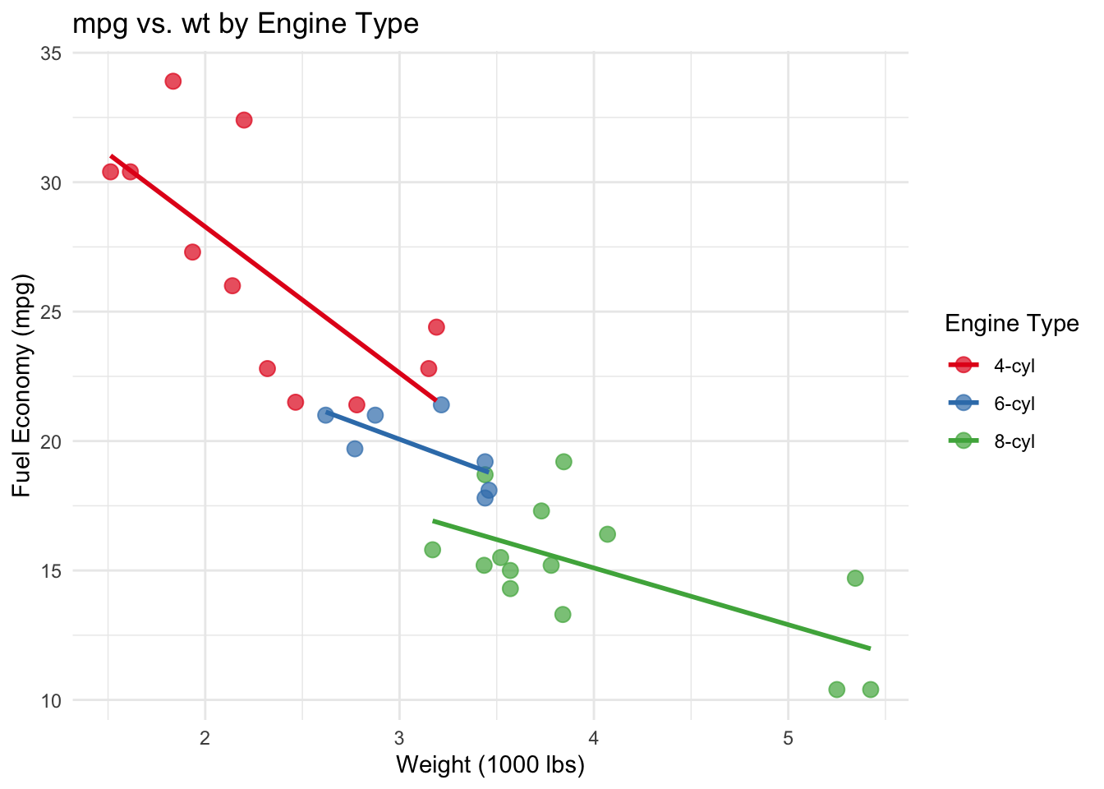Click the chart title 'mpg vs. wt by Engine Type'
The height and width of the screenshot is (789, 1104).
[246, 24]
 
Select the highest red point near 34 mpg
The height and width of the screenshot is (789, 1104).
[172, 81]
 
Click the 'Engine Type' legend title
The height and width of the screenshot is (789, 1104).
[1011, 324]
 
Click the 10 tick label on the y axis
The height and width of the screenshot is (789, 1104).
[51, 700]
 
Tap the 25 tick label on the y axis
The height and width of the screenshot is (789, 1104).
[51, 312]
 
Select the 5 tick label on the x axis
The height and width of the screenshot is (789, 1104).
[788, 738]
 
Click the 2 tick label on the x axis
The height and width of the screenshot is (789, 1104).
[205, 738]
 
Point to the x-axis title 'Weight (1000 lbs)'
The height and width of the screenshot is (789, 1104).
[490, 765]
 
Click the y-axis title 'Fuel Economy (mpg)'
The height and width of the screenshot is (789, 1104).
[21, 388]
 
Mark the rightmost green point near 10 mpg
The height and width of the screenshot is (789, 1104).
[871, 690]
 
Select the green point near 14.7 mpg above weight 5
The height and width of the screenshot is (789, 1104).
[855, 579]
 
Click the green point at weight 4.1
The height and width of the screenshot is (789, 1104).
[607, 534]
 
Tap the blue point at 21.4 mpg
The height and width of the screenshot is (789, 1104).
[441, 404]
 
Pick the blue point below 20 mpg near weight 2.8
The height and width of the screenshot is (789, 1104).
[355, 449]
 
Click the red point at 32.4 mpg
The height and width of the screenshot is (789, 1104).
[244, 120]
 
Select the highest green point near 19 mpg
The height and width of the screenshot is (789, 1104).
[563, 462]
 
